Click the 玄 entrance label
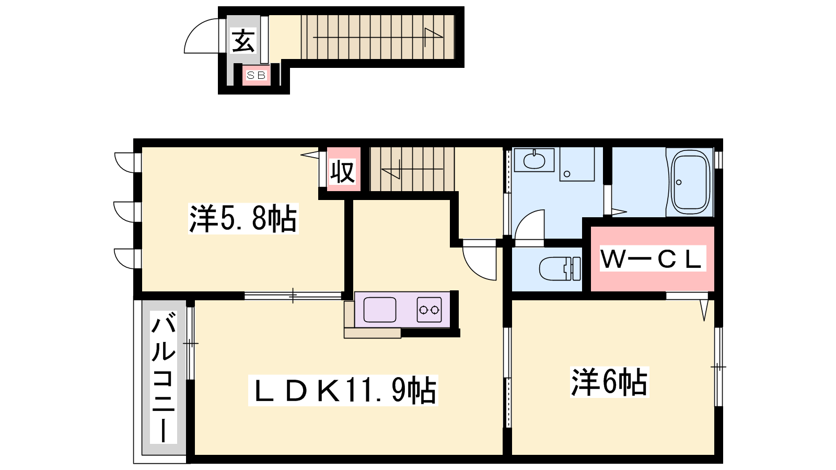coord(243,41)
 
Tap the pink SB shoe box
coord(257,75)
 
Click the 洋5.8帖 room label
coord(243,219)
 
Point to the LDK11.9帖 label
coord(343,390)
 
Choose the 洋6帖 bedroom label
coord(609,382)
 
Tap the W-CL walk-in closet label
coord(653,258)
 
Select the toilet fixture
coord(560,268)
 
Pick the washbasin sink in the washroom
coord(534,160)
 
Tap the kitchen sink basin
coord(379,310)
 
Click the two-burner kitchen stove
coord(429,310)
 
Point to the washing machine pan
coord(577,164)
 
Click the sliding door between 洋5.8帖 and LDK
coord(293,296)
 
